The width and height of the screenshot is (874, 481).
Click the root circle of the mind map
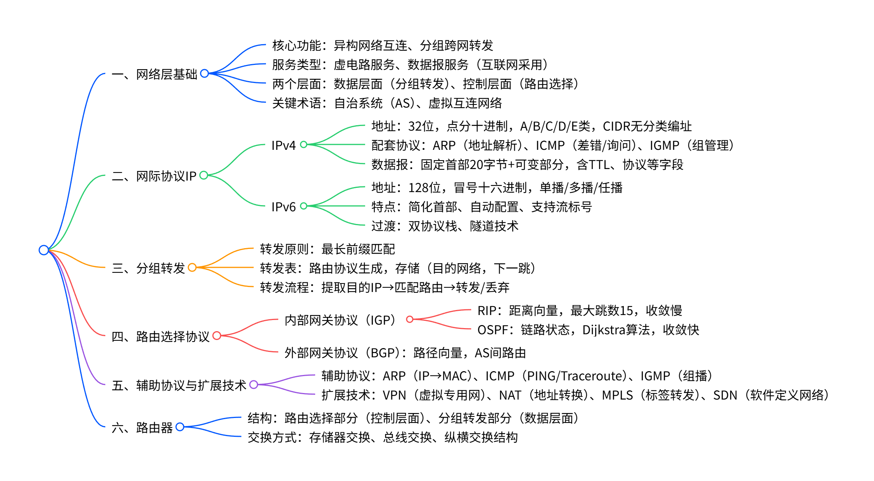(x=44, y=250)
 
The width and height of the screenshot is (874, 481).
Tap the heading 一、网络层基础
(x=155, y=74)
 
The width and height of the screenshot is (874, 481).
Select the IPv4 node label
(x=283, y=145)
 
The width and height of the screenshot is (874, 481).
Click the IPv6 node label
(x=283, y=207)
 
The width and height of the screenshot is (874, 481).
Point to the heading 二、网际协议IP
(x=154, y=176)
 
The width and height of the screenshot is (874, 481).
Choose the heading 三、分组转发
(x=148, y=268)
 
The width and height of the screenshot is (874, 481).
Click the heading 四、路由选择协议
(x=160, y=336)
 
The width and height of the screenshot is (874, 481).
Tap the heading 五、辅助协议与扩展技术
(x=179, y=385)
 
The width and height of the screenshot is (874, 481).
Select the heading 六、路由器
(x=142, y=427)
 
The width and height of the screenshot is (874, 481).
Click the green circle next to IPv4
(x=304, y=144)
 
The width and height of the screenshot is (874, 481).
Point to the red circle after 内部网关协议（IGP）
(x=410, y=319)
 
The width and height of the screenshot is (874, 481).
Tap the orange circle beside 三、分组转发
(x=192, y=267)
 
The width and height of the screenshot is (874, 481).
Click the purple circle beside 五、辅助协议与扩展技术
(x=254, y=385)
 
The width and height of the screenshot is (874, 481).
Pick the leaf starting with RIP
(x=580, y=310)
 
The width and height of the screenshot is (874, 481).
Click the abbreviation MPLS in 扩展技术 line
(x=617, y=395)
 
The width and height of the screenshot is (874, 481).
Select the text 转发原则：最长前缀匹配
(x=327, y=249)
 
